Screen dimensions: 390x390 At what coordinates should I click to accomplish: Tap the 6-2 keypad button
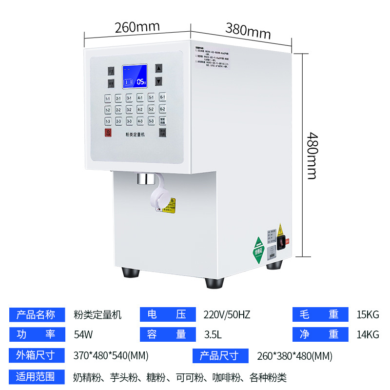pos(163,109)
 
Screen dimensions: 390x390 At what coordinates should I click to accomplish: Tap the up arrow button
pos(158,69)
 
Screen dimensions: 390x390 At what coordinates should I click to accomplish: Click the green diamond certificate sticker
pos(258,251)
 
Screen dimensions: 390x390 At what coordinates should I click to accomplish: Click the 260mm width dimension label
pos(137,26)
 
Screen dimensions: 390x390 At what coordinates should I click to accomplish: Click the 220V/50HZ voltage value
pos(227,314)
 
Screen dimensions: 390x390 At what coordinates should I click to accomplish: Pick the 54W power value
pos(83,334)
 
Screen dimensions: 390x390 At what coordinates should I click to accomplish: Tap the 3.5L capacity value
pos(214,334)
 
